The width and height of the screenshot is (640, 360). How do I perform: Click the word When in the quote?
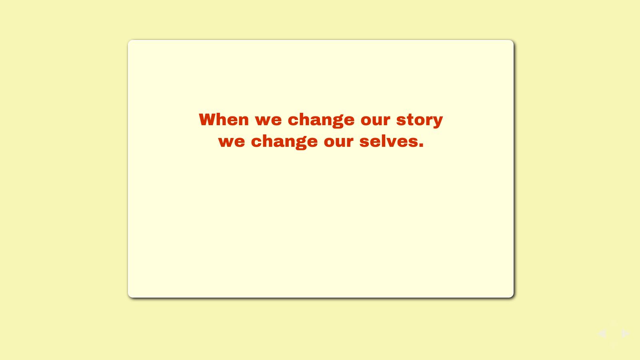(224, 119)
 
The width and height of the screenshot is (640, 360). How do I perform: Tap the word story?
(420, 120)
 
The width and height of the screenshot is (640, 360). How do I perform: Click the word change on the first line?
(321, 120)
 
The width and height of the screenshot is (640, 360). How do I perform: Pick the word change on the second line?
(284, 142)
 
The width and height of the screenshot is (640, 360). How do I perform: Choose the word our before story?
(375, 120)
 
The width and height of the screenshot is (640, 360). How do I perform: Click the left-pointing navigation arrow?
(602, 334)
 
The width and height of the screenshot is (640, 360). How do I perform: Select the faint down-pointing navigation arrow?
(614, 344)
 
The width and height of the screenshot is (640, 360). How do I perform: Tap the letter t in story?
(410, 120)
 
